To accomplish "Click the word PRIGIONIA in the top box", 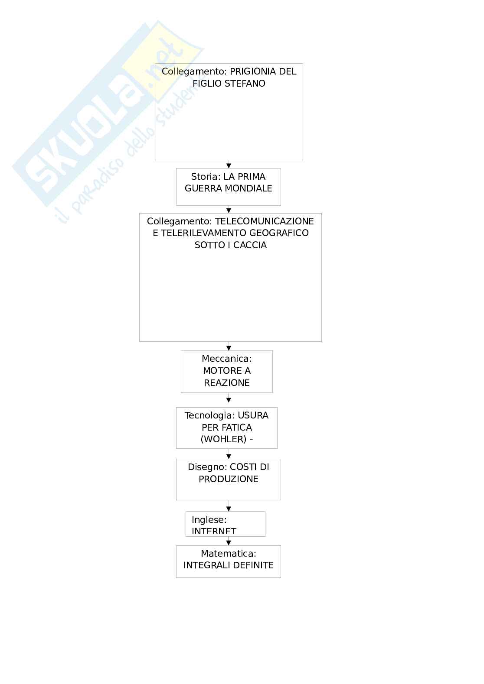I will [253, 71].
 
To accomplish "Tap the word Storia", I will [205, 177].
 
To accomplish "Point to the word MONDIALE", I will [252, 188].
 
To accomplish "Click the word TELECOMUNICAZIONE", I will [264, 221].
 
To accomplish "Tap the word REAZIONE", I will [227, 383].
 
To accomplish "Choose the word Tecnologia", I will [210, 415].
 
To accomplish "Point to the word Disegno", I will [207, 467].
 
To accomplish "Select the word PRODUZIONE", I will [229, 479].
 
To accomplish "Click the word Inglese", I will [209, 519].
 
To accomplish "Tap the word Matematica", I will [228, 554].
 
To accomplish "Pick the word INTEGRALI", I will [204, 565].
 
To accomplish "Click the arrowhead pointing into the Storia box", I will [229, 165].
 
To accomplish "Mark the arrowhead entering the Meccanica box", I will [229, 348].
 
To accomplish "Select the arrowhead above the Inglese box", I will [229, 509].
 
